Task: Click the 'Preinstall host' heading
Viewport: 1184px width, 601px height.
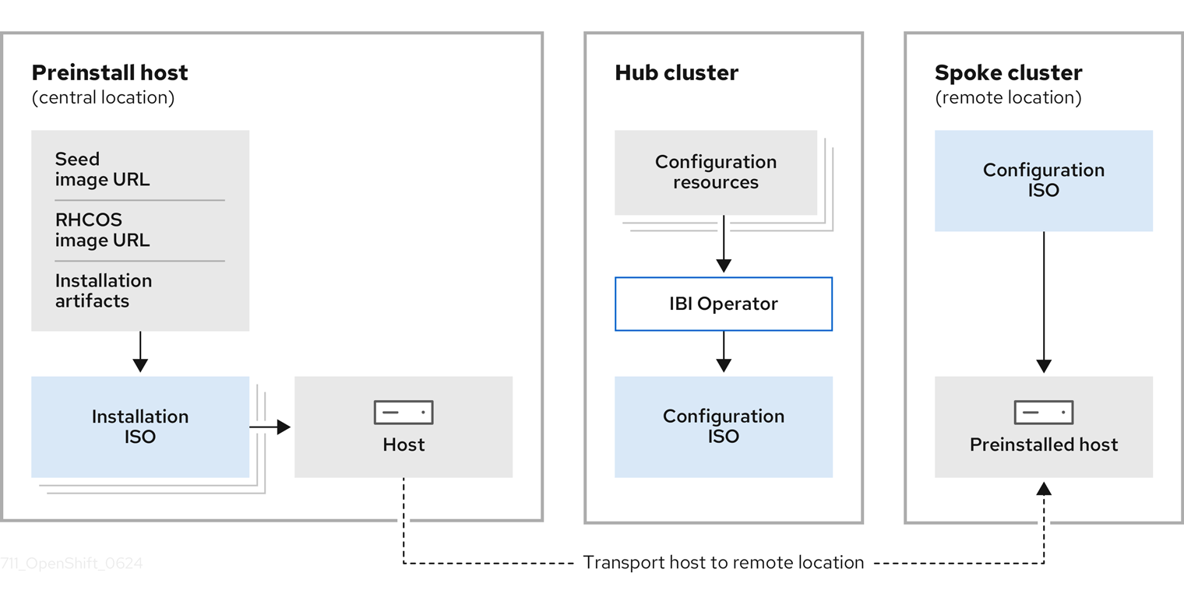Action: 110,72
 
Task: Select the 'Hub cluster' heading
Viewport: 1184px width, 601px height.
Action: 676,72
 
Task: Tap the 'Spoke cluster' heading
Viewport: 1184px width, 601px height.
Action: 1008,72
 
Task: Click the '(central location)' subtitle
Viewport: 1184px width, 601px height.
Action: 103,97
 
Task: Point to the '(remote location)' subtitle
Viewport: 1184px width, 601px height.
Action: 1008,97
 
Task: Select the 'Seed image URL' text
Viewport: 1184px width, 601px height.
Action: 102,169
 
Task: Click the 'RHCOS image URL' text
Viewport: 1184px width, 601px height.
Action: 102,230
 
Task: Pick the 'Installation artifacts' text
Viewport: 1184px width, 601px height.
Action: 104,290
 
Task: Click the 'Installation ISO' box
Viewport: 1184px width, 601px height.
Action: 140,427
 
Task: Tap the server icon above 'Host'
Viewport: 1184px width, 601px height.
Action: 403,413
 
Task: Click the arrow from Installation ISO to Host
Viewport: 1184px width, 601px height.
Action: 270,427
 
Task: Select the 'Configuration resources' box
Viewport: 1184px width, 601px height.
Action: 715,172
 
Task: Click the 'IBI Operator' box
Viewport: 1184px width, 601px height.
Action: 723,304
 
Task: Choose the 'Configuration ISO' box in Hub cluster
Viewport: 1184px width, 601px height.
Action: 723,427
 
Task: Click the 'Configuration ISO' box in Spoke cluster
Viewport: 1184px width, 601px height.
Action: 1043,181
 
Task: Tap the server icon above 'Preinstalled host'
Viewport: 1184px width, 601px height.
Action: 1043,413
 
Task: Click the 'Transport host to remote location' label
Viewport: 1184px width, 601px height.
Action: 723,562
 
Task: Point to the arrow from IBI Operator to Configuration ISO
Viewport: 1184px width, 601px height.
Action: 723,352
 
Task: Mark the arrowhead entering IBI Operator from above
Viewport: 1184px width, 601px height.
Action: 723,265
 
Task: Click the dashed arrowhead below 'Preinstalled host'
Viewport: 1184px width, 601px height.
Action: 1044,488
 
